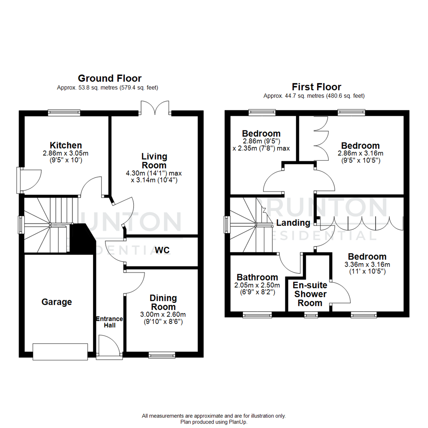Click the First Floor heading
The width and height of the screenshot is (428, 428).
pyautogui.click(x=316, y=86)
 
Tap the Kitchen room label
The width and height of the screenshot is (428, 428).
pyautogui.click(x=66, y=145)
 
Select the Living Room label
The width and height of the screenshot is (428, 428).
pyautogui.click(x=155, y=160)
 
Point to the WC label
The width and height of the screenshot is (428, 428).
pyautogui.click(x=162, y=250)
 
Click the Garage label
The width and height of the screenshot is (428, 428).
pyautogui.click(x=57, y=302)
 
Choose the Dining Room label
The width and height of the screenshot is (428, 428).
pyautogui.click(x=163, y=302)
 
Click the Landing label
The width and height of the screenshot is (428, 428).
pyautogui.click(x=293, y=223)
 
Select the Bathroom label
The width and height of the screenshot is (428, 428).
pyautogui.click(x=257, y=277)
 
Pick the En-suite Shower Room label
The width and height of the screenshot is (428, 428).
pyautogui.click(x=310, y=294)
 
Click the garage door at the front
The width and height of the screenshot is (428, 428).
pyautogui.click(x=60, y=352)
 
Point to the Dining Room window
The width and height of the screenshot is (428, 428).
pyautogui.click(x=162, y=355)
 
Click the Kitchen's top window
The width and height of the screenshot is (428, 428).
pyautogui.click(x=64, y=113)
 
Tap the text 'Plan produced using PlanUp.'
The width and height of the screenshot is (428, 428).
pyautogui.click(x=214, y=422)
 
